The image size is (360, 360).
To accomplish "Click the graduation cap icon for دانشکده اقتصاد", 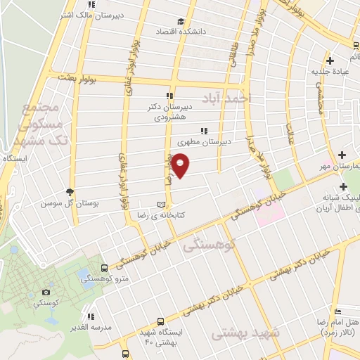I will [181, 21].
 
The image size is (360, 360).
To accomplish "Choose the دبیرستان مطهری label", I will [224, 141].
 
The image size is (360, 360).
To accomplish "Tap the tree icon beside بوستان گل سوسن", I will [70, 192].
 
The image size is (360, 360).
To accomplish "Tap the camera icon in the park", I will [46, 292].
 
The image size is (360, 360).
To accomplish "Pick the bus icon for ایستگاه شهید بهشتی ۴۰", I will [161, 321].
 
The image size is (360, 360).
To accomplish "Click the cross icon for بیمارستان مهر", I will [342, 155].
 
